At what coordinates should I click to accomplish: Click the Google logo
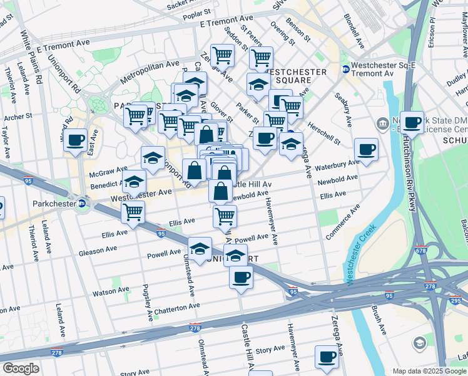click(x=20, y=368)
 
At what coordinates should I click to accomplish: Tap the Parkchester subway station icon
click(x=81, y=203)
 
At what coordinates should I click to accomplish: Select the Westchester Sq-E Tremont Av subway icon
click(x=345, y=69)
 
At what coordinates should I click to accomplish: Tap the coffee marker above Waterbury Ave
click(x=366, y=149)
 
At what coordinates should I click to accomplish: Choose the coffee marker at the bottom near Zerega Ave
click(x=326, y=357)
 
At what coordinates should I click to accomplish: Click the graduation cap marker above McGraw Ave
click(x=153, y=159)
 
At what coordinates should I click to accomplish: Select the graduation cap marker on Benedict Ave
click(x=134, y=182)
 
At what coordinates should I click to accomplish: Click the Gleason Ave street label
click(x=98, y=251)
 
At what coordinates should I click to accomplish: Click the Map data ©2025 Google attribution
click(x=429, y=371)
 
